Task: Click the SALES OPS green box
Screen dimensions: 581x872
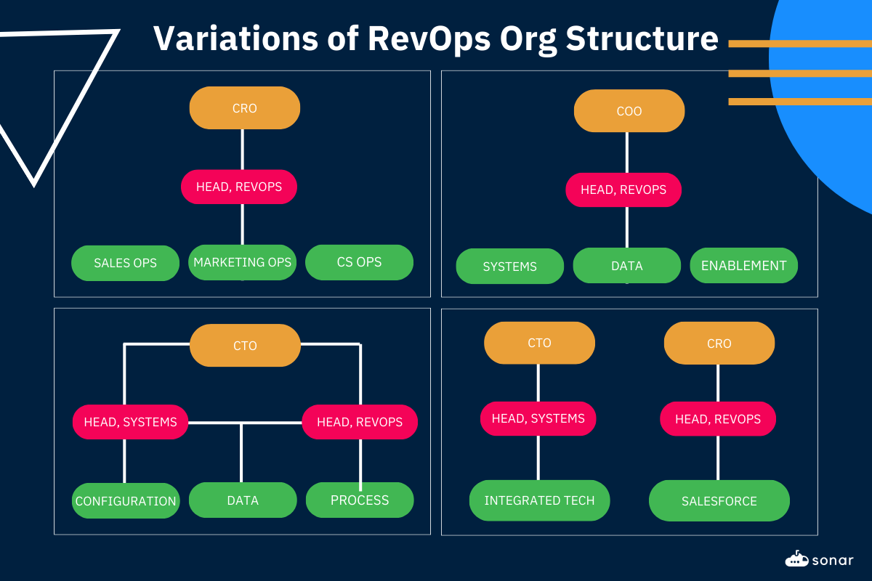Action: click(125, 263)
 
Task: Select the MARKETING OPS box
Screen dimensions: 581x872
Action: click(242, 262)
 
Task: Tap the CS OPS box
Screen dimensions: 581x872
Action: click(359, 262)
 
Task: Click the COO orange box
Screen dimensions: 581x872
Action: click(629, 111)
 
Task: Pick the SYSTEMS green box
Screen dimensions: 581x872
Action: click(509, 266)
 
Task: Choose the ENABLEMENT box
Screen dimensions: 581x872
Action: click(743, 266)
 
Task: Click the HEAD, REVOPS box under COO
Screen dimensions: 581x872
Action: click(623, 190)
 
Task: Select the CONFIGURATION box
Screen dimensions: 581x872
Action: click(126, 500)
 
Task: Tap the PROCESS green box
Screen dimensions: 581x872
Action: click(360, 500)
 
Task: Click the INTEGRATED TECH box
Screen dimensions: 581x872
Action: click(539, 500)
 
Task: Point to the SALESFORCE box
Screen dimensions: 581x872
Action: click(719, 500)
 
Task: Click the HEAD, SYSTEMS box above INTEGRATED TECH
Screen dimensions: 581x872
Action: click(538, 418)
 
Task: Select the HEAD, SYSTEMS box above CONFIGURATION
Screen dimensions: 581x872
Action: click(130, 422)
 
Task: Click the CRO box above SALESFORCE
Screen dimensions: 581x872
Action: click(719, 343)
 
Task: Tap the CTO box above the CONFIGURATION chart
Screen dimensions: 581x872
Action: click(245, 346)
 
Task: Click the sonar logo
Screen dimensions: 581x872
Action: click(819, 559)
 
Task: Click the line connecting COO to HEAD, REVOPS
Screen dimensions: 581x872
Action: click(627, 153)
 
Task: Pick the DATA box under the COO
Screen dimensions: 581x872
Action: click(626, 266)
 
